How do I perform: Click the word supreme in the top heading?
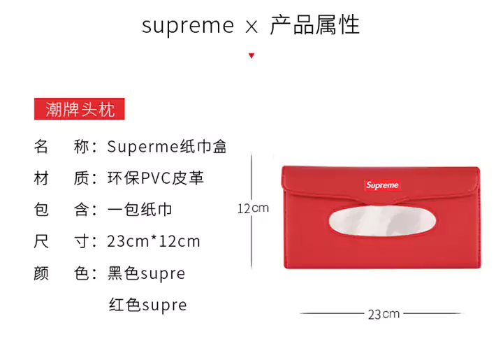[x=188, y=27]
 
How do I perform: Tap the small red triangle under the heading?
[x=251, y=56]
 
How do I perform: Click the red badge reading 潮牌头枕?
[x=79, y=109]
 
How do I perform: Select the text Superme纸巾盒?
[x=167, y=147]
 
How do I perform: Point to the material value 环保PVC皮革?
[x=156, y=178]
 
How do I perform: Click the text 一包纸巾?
[x=140, y=210]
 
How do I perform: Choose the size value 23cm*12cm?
[x=154, y=241]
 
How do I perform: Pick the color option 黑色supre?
[x=146, y=273]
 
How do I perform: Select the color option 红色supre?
[x=147, y=305]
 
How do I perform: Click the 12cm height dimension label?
[x=253, y=208]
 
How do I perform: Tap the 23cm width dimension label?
[x=384, y=314]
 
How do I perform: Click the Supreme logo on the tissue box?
[x=382, y=185]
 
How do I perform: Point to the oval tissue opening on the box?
[x=382, y=221]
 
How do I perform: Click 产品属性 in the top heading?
[x=314, y=25]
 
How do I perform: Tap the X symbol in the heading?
[x=251, y=27]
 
